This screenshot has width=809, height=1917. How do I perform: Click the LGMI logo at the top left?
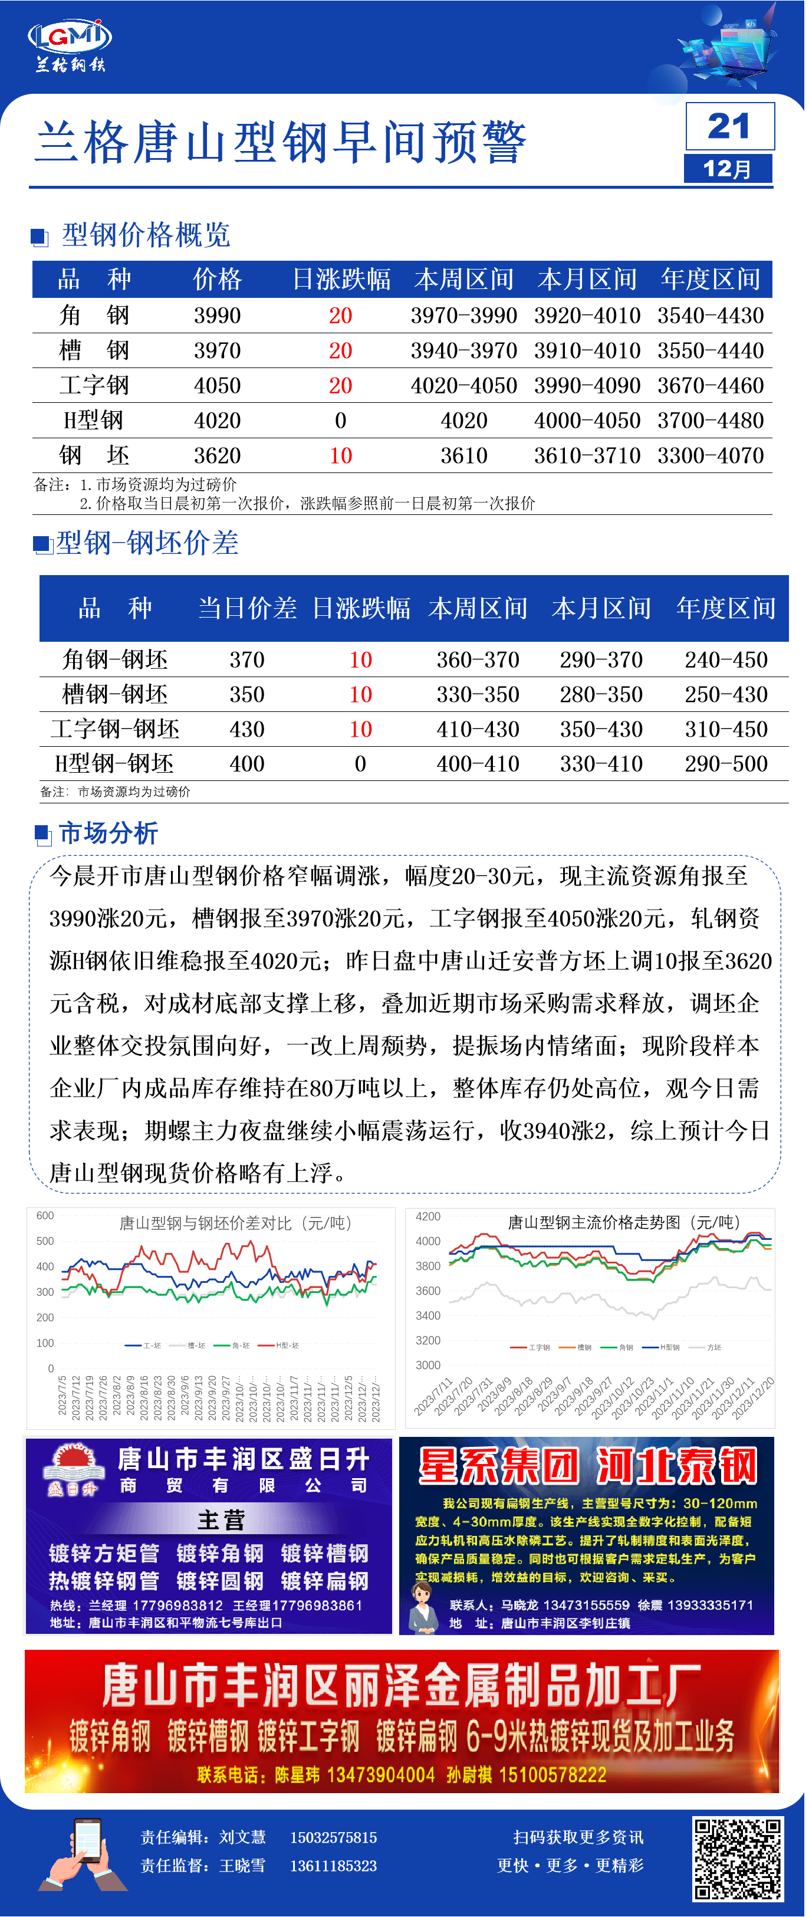tap(69, 37)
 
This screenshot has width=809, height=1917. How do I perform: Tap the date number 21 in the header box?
tap(729, 126)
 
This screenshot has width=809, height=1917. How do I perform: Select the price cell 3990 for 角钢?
tap(218, 316)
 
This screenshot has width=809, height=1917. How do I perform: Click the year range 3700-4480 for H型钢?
tap(710, 421)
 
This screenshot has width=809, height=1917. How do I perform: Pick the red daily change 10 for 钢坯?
tap(341, 456)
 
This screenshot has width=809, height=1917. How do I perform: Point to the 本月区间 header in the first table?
tap(587, 280)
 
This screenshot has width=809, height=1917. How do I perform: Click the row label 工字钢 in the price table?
tap(94, 386)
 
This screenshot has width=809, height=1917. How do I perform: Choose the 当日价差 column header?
tap(247, 609)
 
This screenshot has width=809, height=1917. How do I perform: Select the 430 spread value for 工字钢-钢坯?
tap(247, 729)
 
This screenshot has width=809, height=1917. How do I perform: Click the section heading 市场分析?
tap(108, 833)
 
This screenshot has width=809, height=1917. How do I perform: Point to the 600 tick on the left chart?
tap(45, 1216)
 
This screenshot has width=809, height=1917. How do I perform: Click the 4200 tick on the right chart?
tap(428, 1217)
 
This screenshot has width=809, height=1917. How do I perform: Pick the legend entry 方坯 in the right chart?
tap(713, 1348)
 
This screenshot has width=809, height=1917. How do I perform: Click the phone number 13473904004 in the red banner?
tap(380, 1775)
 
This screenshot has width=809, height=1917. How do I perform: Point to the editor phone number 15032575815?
tap(333, 1838)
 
